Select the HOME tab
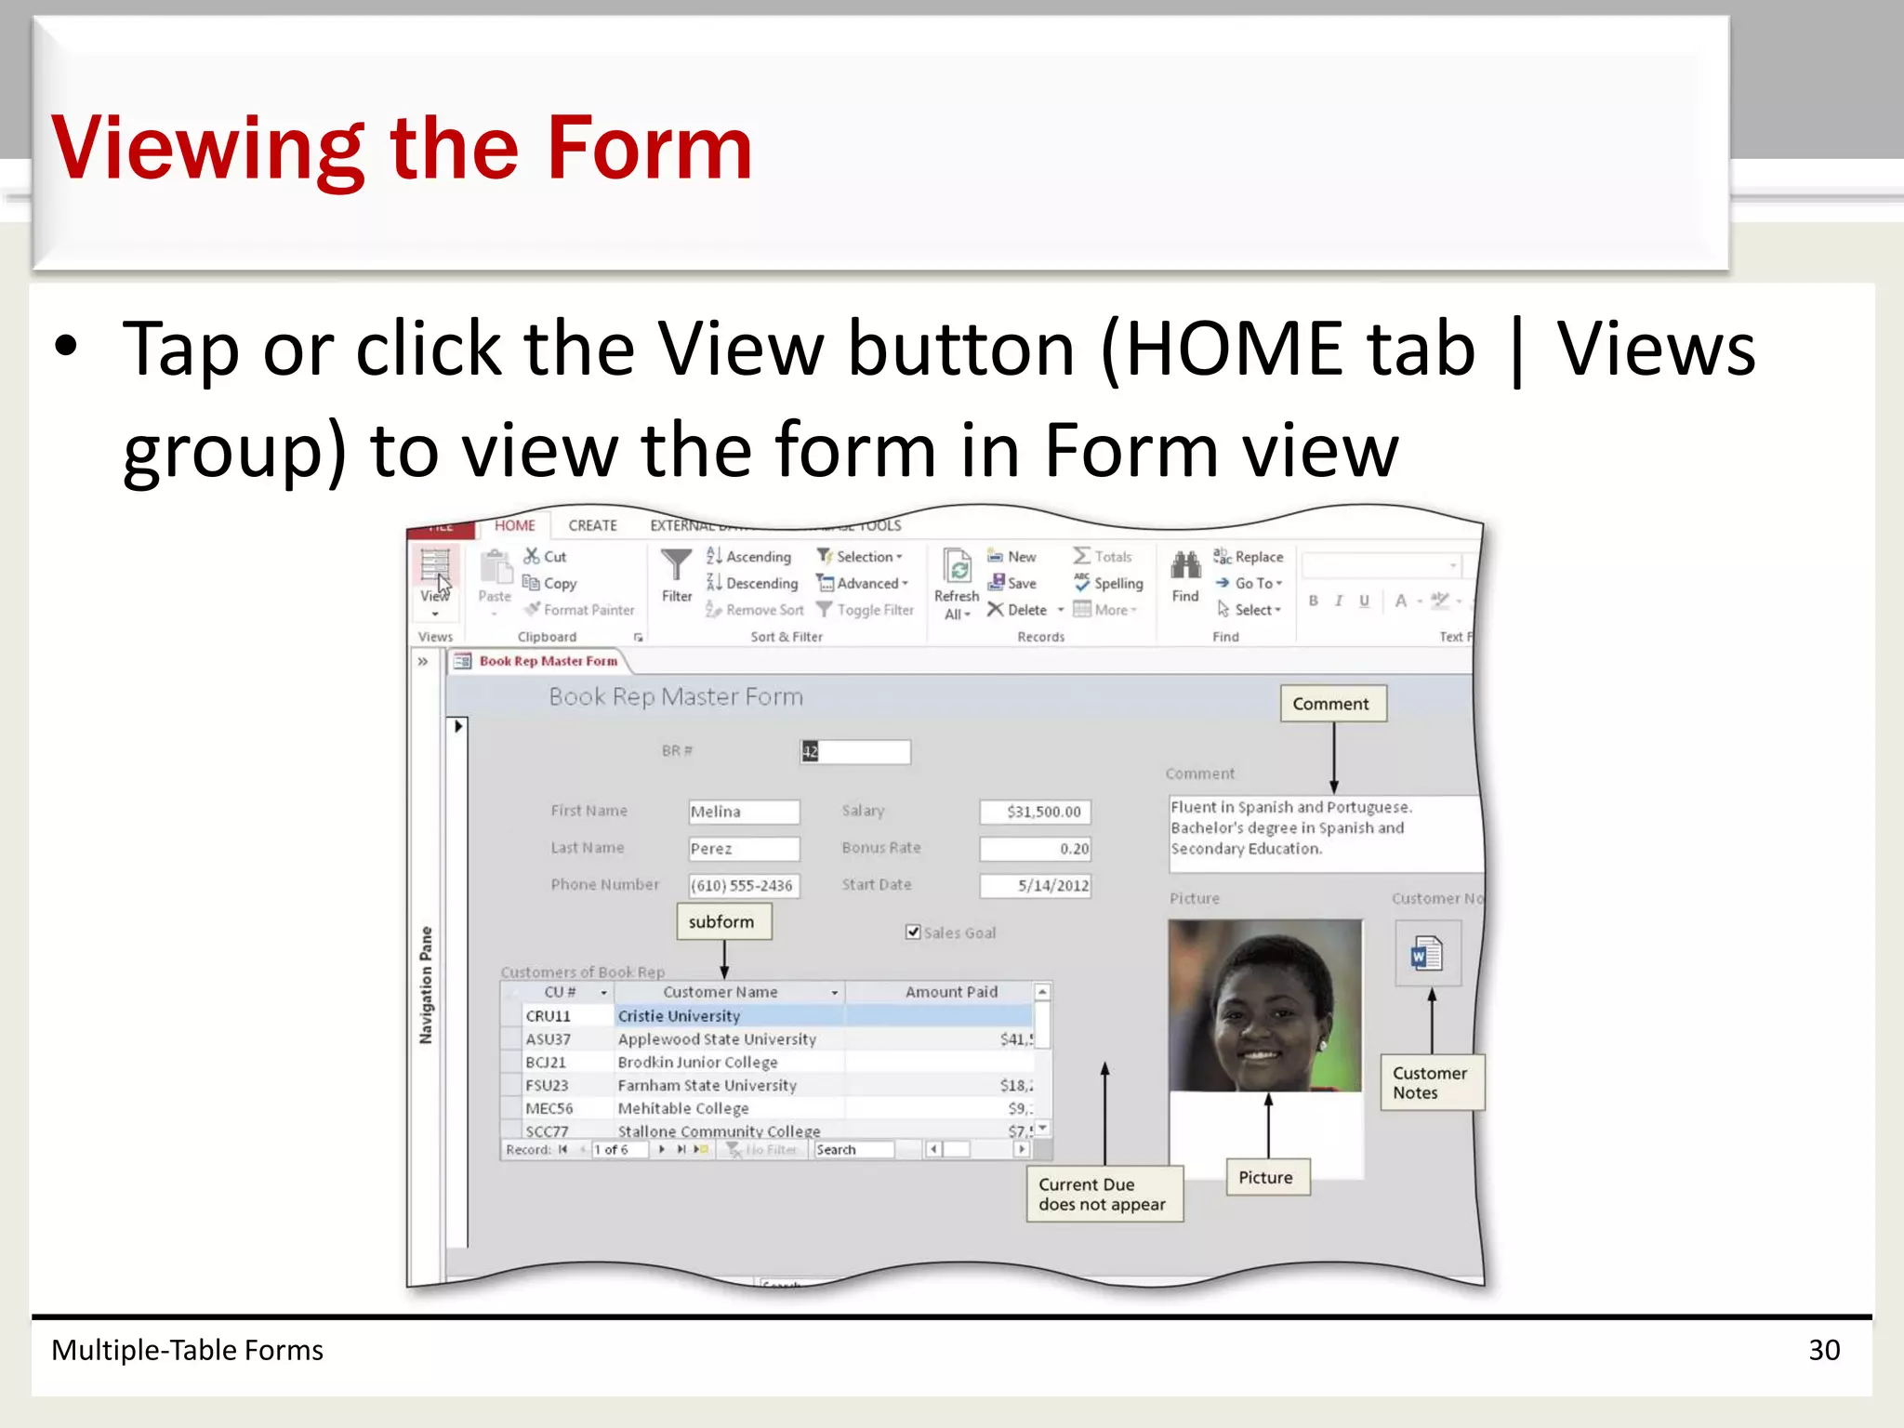514,525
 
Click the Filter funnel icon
676,566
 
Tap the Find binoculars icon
1185,566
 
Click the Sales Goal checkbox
913,932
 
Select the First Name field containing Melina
743,812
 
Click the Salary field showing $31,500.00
1035,812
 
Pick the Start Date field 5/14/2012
1035,885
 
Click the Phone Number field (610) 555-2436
743,885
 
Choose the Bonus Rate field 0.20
1035,848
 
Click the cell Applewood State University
717,1039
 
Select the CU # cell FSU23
547,1085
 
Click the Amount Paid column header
950,992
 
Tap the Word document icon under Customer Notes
1426,954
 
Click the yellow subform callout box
722,921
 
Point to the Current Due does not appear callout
1103,1194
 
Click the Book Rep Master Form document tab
547,661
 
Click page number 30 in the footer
1823,1350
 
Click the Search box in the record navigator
853,1150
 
